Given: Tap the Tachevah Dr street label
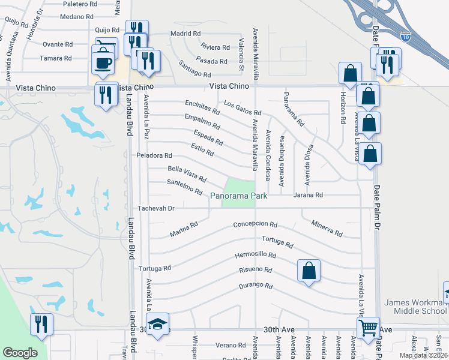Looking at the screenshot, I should point(155,208).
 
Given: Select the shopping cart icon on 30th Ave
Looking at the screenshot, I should point(367,328).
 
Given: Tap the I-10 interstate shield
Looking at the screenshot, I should point(406,37).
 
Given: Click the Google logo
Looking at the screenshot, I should point(19,353).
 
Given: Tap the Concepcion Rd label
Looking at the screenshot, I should point(255,225).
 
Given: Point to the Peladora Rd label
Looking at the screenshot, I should point(154,155).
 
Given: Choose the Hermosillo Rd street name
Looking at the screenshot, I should point(255,255).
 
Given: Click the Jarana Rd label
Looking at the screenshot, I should point(308,195).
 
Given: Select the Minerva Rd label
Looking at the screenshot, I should point(327,228).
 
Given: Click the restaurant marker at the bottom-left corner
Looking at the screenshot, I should point(41,324).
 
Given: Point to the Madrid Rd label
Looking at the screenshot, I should point(185,34).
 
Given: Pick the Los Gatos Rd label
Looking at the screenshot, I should point(243,108).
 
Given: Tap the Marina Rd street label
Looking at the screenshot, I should point(183,229).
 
